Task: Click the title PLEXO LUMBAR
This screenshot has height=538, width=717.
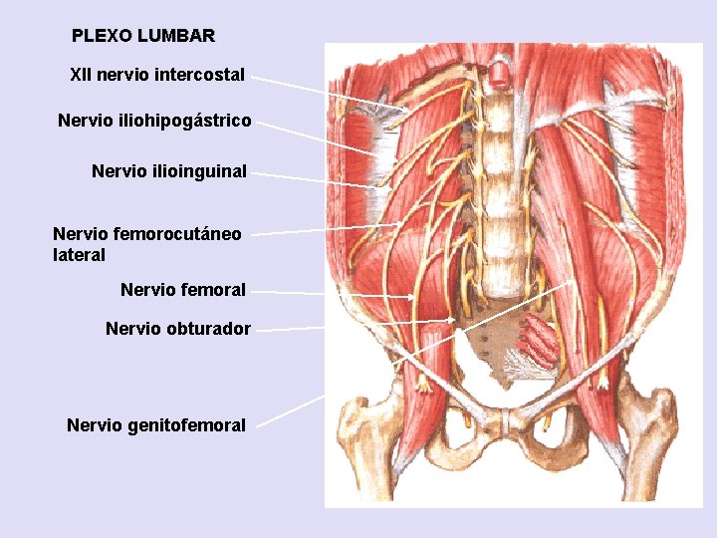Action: tap(142, 36)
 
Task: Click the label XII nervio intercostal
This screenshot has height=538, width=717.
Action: tap(157, 75)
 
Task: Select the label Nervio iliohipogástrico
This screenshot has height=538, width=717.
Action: tap(154, 121)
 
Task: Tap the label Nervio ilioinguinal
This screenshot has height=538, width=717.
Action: tap(169, 171)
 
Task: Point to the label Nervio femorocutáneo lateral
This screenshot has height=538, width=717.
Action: tap(147, 244)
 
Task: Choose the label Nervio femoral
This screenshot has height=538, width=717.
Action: tap(183, 290)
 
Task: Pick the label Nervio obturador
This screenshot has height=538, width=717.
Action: tap(178, 328)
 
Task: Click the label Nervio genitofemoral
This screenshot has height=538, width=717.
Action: tap(156, 425)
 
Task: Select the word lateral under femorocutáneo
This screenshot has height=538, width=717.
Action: tap(79, 255)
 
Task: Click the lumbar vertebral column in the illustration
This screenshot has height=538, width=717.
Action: tap(495, 179)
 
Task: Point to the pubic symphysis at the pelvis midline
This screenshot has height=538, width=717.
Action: tap(508, 422)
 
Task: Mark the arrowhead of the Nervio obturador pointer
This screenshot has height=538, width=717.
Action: tap(453, 320)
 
